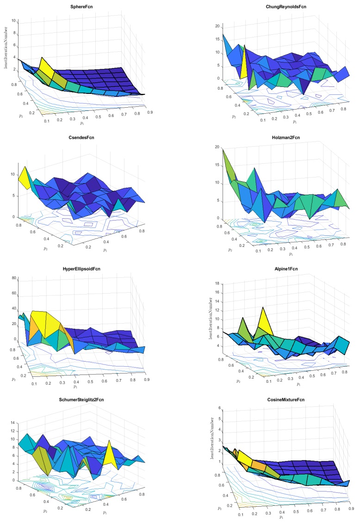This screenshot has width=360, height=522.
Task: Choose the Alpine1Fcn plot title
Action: point(273,268)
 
